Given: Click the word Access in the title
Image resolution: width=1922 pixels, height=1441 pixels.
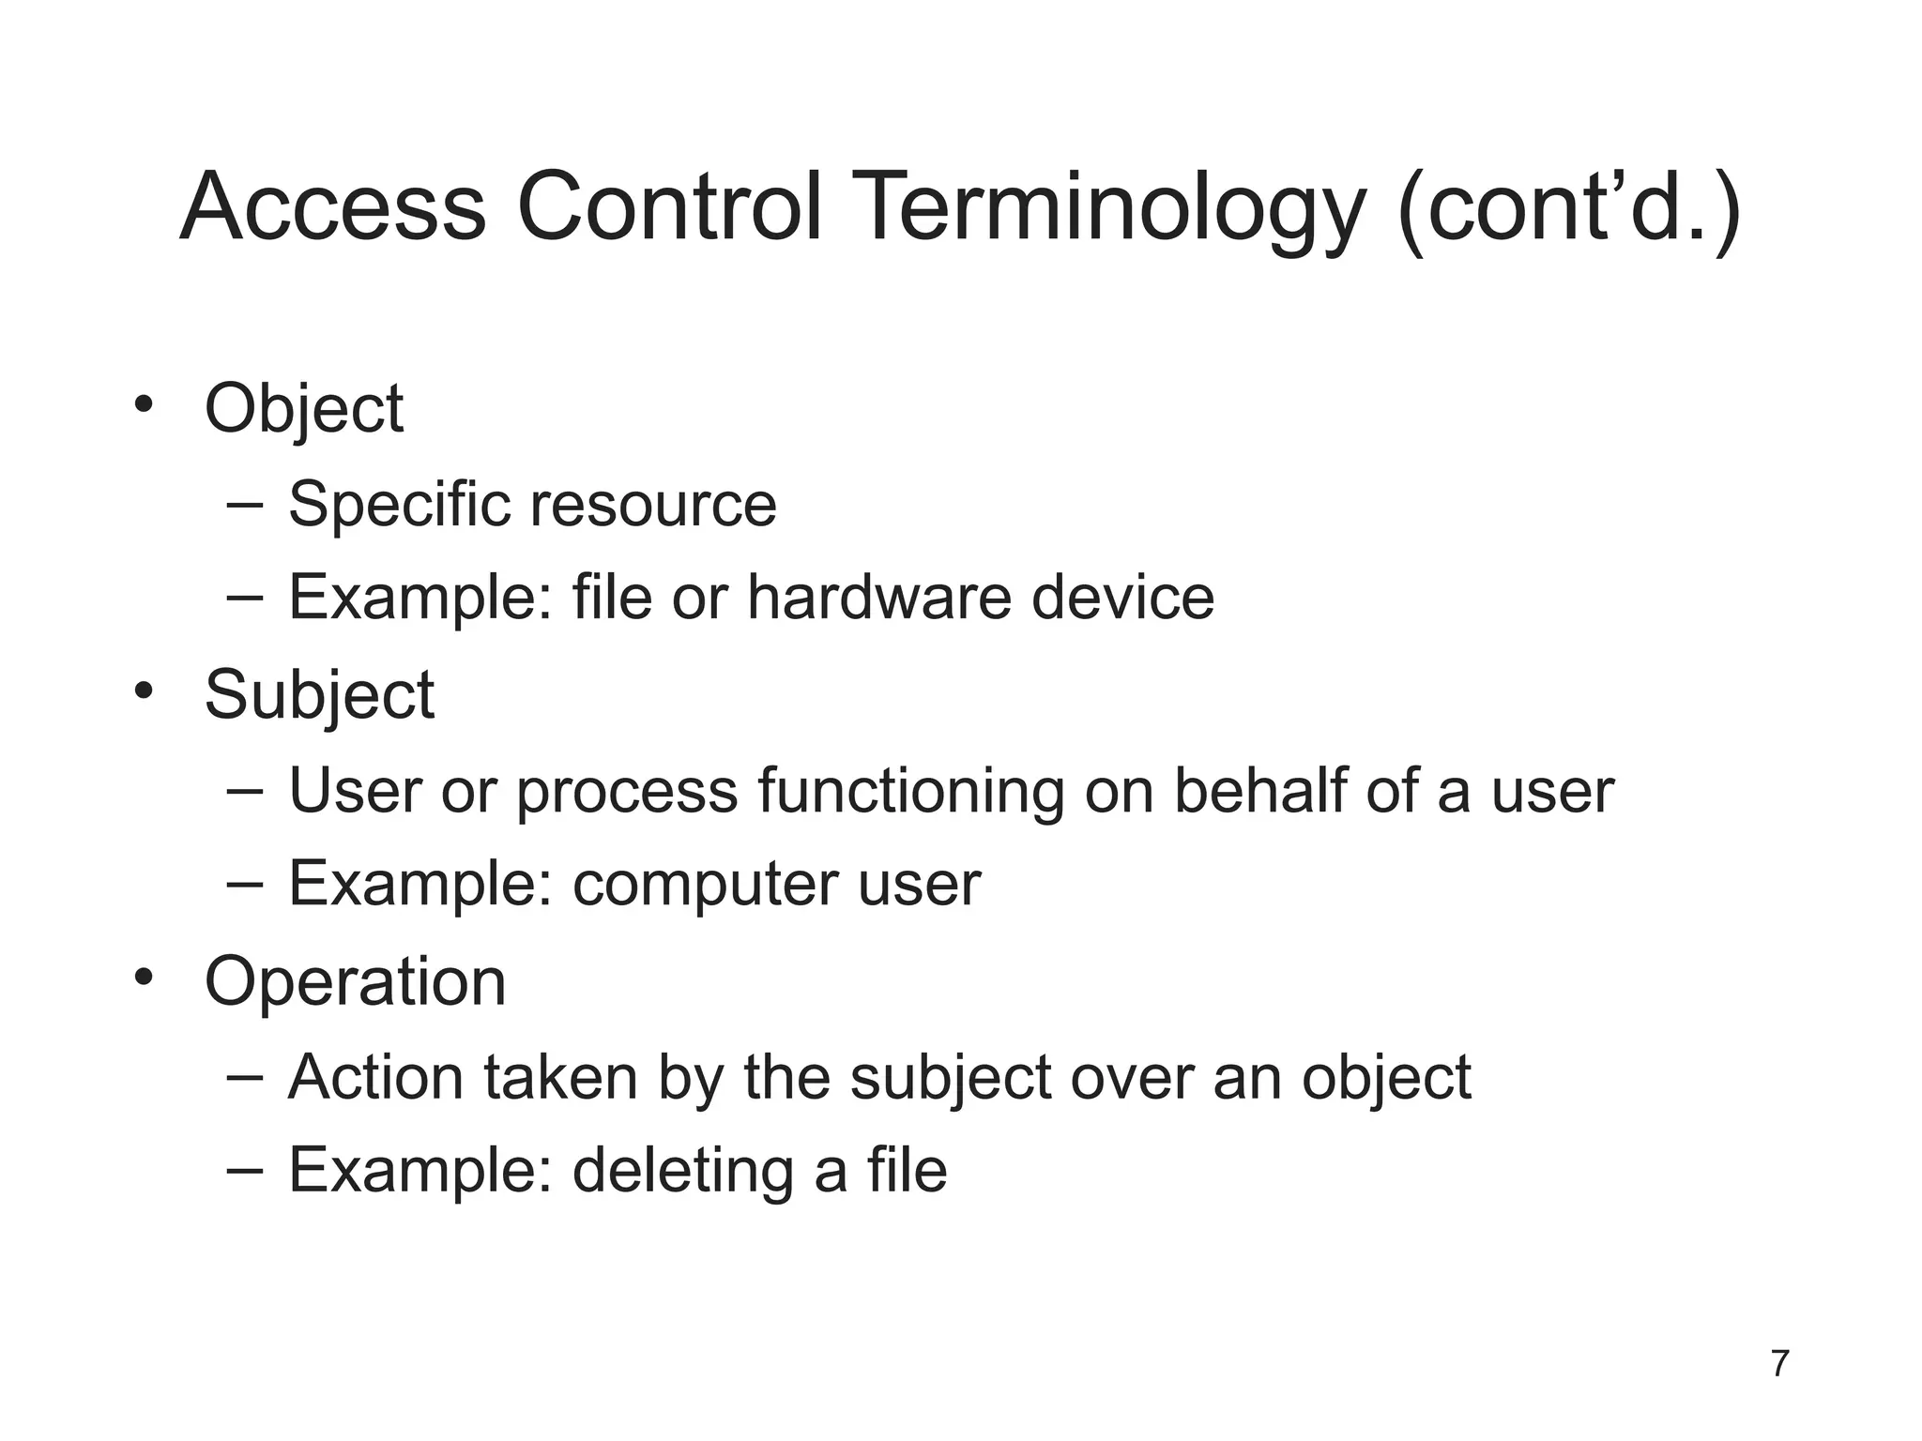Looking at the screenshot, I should click(332, 208).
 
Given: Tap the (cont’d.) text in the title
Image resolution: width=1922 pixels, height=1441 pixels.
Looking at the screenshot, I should click(1568, 208).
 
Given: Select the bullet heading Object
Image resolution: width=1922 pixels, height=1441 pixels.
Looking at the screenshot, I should click(304, 410).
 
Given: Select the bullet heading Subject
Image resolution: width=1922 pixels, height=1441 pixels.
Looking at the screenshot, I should click(319, 696).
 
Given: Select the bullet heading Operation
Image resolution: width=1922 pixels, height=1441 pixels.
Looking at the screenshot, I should click(355, 982).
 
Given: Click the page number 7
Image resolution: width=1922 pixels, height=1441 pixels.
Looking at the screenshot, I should click(1779, 1363).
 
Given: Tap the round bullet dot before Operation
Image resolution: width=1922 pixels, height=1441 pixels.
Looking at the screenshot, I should click(143, 978).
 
